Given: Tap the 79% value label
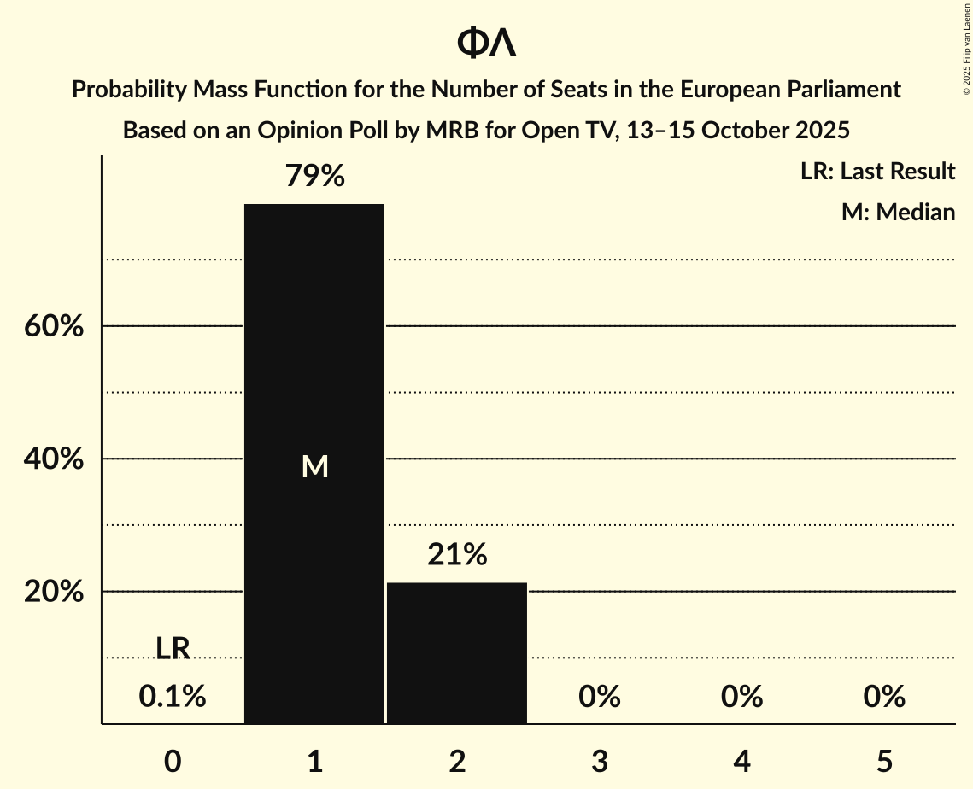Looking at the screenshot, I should [315, 177].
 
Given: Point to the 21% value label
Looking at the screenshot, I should [457, 555].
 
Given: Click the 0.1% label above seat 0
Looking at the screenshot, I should [173, 697].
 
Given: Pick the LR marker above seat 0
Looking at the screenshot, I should [173, 648].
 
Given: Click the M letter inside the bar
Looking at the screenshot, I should [315, 466].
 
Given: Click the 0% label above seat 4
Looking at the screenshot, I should [741, 697].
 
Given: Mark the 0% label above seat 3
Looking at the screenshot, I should [600, 697].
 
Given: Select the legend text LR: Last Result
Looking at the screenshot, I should [877, 172].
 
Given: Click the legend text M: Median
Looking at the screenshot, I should [898, 212].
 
